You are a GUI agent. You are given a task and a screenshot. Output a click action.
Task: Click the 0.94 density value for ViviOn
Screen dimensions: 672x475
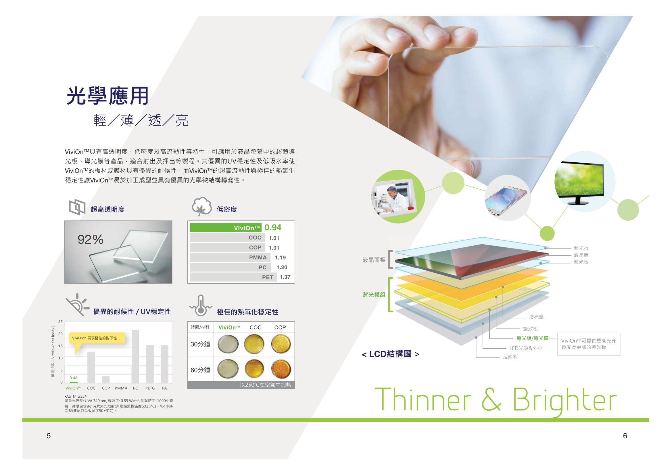[x=273, y=227]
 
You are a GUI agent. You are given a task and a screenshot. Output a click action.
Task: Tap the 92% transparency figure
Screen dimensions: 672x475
[x=91, y=240]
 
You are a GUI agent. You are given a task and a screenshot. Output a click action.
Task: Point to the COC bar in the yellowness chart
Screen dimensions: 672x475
[x=91, y=367]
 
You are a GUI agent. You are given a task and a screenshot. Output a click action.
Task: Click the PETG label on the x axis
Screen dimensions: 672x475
[x=150, y=388]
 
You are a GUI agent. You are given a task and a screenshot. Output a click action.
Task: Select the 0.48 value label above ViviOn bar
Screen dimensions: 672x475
[x=74, y=378]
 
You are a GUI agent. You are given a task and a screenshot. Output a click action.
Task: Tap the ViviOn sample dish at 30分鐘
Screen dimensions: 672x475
[x=228, y=344]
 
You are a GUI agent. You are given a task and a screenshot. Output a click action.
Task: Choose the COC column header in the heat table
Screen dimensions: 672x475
[x=256, y=328]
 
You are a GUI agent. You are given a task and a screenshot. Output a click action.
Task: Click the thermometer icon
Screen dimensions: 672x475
[x=201, y=305]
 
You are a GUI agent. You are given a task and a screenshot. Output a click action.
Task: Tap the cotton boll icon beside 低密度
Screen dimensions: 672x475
[x=202, y=206]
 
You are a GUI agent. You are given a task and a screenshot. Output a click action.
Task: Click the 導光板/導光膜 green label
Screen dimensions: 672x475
[x=532, y=338]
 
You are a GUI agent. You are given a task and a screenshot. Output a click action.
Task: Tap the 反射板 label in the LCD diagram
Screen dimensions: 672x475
[x=510, y=357]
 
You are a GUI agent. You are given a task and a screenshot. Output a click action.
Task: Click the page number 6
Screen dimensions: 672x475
[x=625, y=436]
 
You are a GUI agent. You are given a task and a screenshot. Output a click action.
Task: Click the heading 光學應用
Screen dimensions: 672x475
[x=107, y=96]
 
